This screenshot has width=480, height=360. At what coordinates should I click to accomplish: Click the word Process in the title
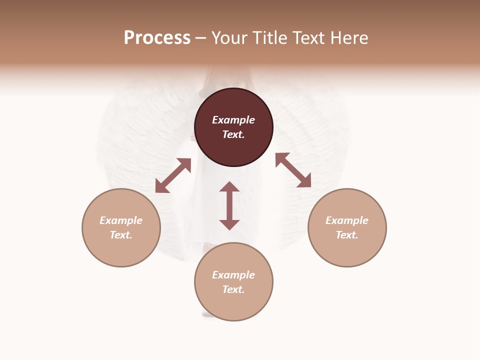pos(157,38)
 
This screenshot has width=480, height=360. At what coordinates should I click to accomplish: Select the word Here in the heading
pos(348,38)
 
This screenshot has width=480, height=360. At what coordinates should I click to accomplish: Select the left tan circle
pos(121,250)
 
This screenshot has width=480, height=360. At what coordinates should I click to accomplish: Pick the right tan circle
pos(347,250)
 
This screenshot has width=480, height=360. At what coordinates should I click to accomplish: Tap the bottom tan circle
pos(233,305)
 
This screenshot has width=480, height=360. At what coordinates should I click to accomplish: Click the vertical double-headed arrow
pos(229,205)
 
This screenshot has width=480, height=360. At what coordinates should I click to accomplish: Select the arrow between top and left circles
pos(173,175)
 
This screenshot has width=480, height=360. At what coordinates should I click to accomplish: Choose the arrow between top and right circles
pos(293,170)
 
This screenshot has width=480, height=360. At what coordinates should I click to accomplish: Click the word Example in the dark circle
pos(233,120)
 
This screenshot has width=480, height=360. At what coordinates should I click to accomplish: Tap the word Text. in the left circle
pos(121,235)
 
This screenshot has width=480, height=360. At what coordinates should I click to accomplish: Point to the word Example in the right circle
pos(347,220)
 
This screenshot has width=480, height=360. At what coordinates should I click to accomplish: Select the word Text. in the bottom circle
pos(233,289)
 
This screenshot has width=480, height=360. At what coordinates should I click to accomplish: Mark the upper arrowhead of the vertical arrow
pos(229,187)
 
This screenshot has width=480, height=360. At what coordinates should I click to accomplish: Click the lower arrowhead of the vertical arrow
pos(229,224)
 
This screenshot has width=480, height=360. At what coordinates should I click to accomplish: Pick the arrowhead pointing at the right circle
pos(304,181)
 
